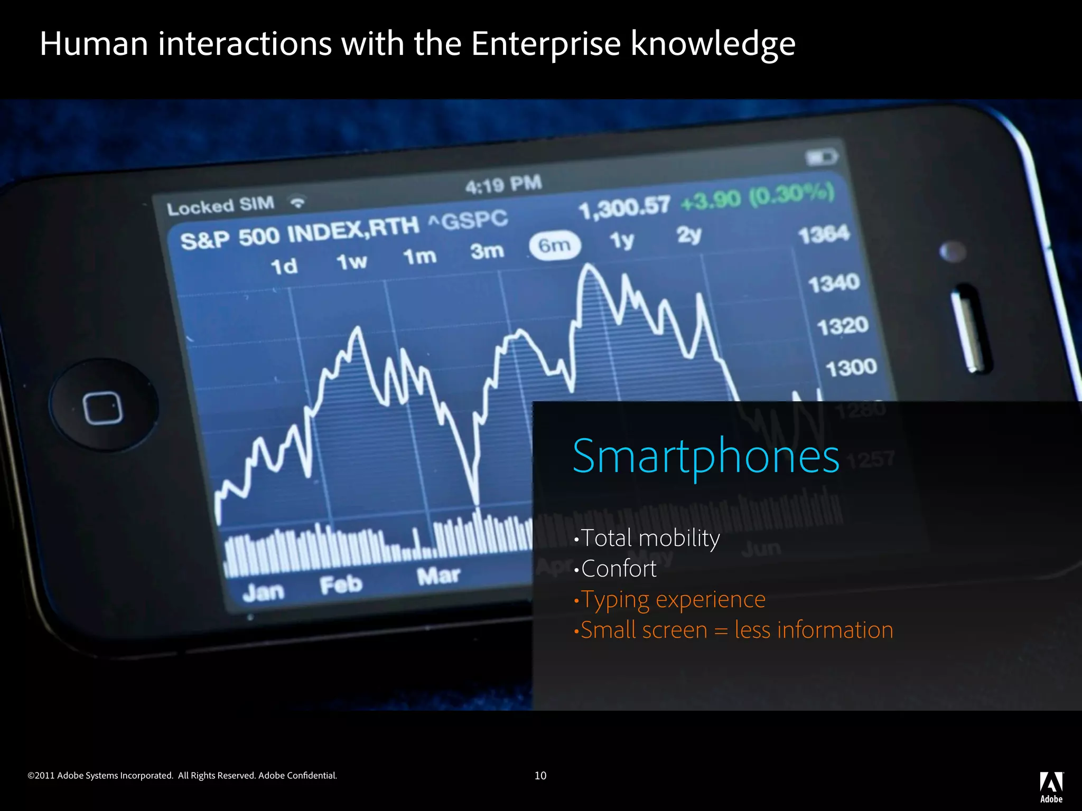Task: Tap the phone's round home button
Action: (104, 405)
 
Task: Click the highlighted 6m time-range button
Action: (555, 246)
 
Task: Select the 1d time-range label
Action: (284, 266)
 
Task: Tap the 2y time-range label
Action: (689, 234)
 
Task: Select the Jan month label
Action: (263, 592)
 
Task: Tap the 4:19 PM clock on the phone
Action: (503, 185)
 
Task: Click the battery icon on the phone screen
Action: (821, 157)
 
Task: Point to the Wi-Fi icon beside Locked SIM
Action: (298, 202)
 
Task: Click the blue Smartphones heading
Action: (706, 456)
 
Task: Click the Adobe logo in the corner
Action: (1051, 787)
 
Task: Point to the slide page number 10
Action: (540, 776)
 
